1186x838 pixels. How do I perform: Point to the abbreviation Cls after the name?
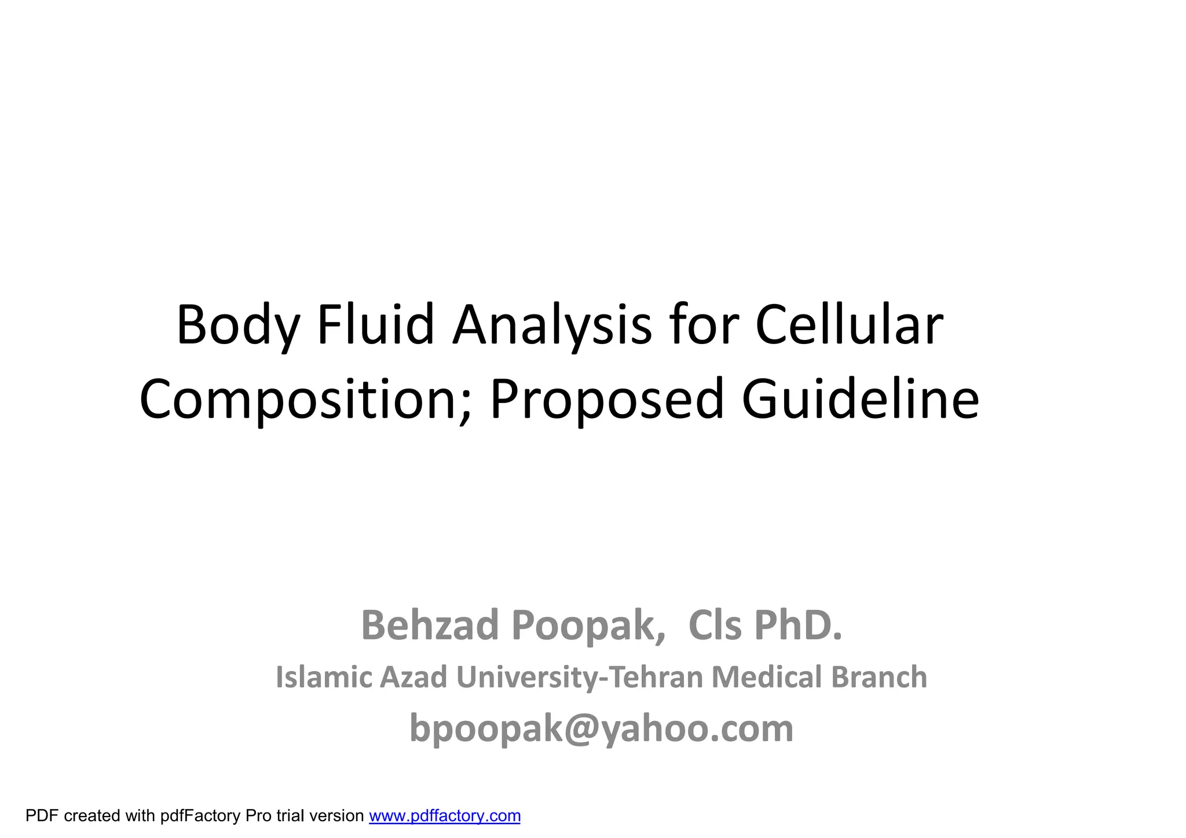tap(715, 626)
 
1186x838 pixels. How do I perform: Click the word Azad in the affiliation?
tap(413, 677)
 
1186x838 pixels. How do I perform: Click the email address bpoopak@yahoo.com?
tap(601, 729)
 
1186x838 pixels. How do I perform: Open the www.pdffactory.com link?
tap(445, 816)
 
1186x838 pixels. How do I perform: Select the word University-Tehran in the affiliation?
tap(579, 678)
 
